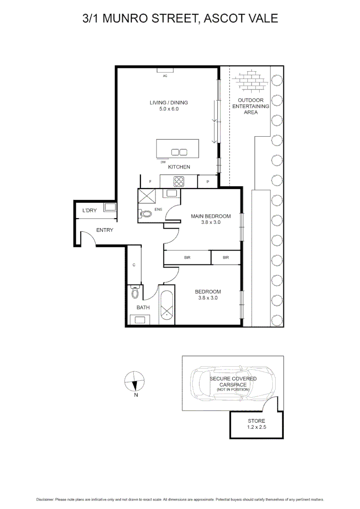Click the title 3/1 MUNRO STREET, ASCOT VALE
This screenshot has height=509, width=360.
(x=180, y=18)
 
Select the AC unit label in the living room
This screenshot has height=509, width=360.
(x=165, y=75)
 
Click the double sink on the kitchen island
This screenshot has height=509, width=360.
(x=179, y=152)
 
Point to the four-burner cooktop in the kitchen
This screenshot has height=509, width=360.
(x=180, y=181)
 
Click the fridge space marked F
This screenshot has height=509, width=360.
(x=150, y=181)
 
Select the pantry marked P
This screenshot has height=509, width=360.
(x=207, y=181)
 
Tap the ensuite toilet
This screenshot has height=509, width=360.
(x=147, y=213)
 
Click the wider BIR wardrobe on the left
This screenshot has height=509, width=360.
(x=187, y=258)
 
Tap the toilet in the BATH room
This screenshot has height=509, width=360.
(x=136, y=293)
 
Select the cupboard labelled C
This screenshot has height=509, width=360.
(x=134, y=265)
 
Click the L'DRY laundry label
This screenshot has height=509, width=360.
(x=89, y=210)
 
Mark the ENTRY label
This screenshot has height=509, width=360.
(x=104, y=230)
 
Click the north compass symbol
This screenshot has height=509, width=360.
(x=135, y=381)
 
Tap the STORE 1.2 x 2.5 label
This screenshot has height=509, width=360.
(x=256, y=424)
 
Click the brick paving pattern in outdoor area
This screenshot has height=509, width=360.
(x=251, y=80)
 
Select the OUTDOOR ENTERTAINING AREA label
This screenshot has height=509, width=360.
(x=251, y=106)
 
